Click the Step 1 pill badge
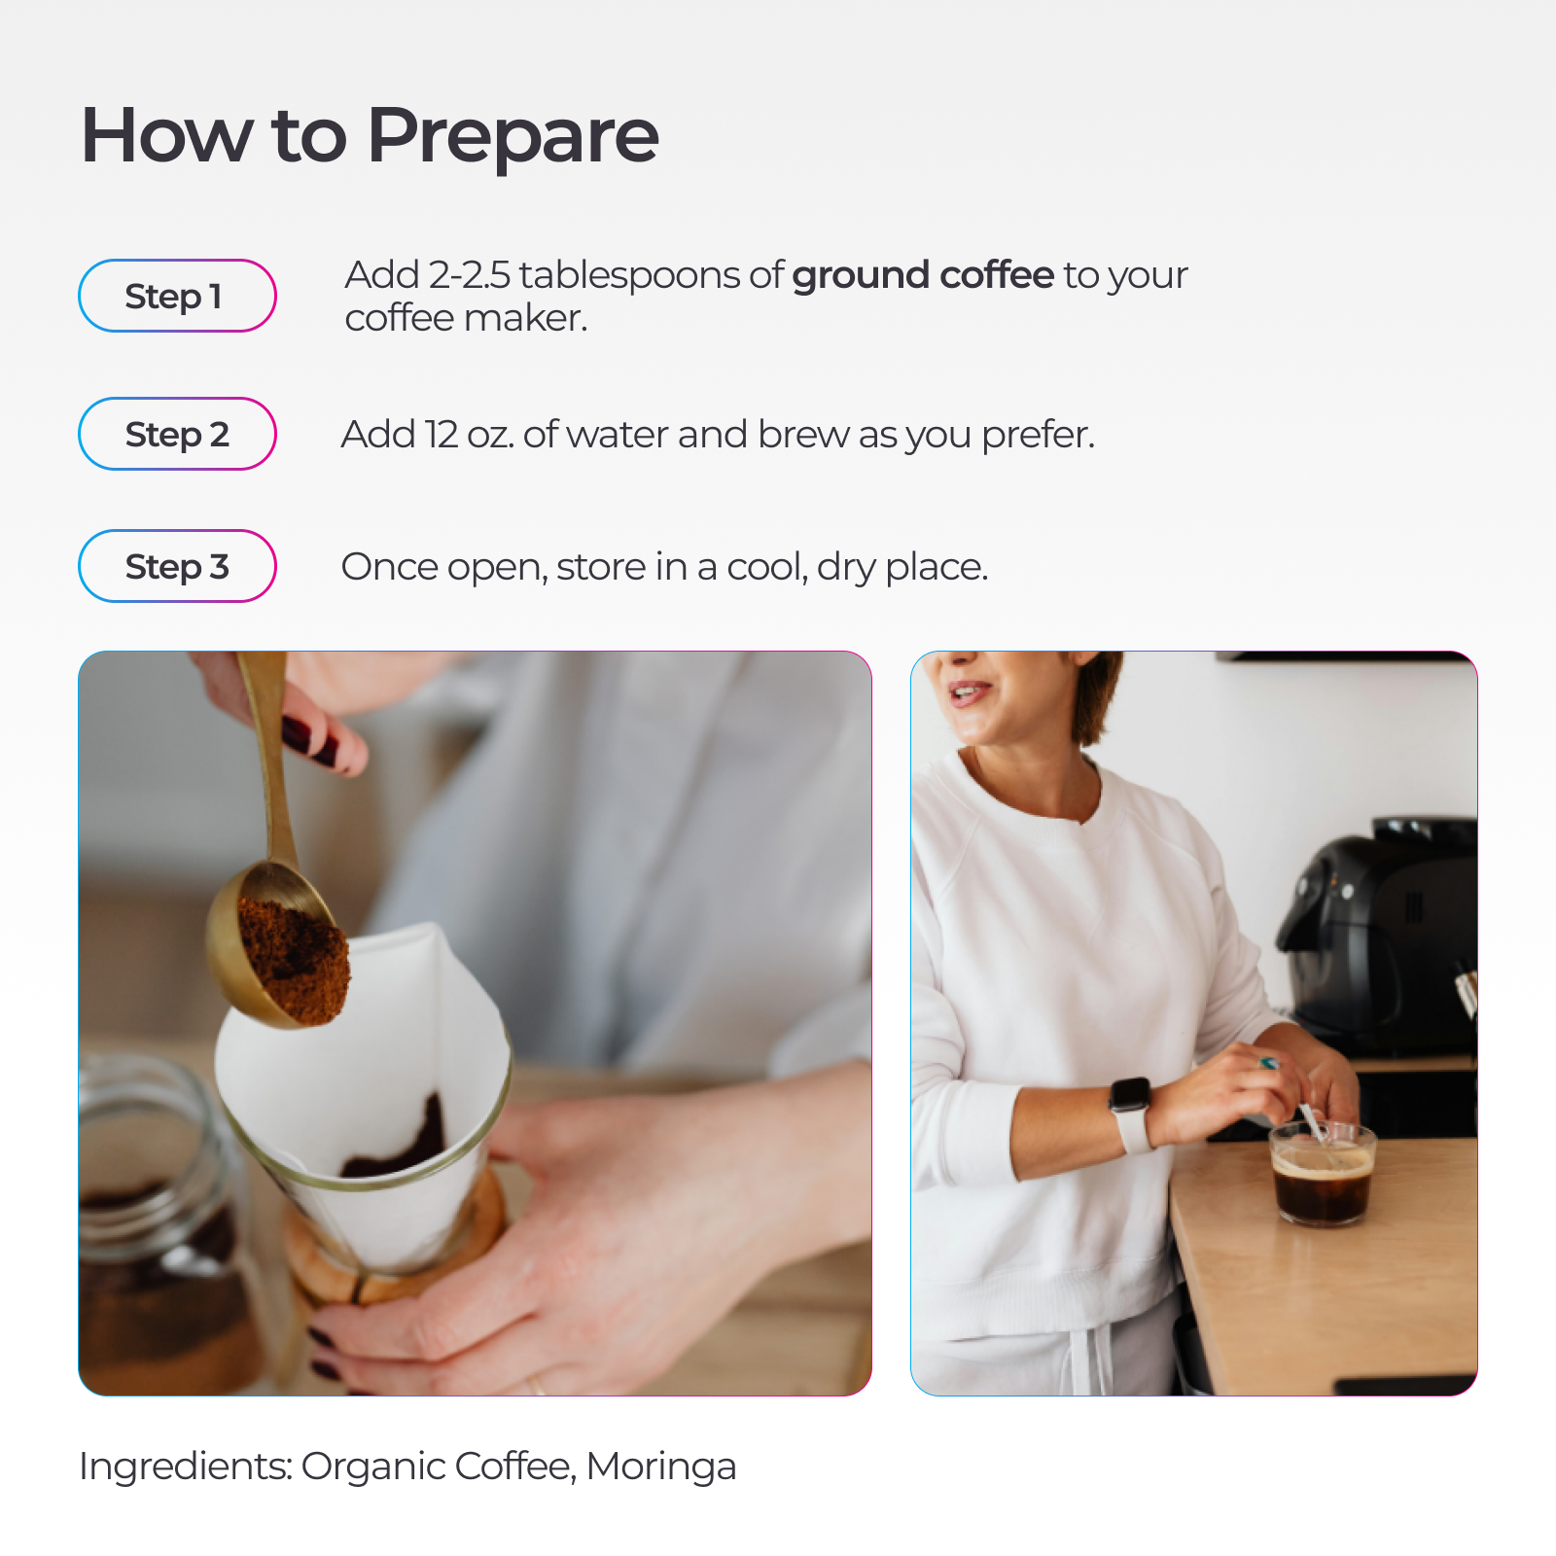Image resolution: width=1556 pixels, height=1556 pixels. point(177,296)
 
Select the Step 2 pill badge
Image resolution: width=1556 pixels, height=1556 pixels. point(177,434)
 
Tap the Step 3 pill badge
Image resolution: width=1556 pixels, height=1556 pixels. point(177,566)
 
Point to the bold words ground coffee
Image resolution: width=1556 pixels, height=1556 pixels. point(923,276)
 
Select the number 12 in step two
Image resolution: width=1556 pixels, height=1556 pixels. point(442,434)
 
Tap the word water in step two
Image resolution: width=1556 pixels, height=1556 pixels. point(618,435)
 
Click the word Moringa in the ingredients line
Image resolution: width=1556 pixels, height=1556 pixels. point(661,1468)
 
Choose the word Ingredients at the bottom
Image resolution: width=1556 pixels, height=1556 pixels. point(186,1468)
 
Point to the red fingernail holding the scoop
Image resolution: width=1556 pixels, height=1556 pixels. point(310,740)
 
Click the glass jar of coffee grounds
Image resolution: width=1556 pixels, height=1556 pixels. point(160,1225)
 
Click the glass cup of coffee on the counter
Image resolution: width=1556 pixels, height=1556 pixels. point(1323,1174)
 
